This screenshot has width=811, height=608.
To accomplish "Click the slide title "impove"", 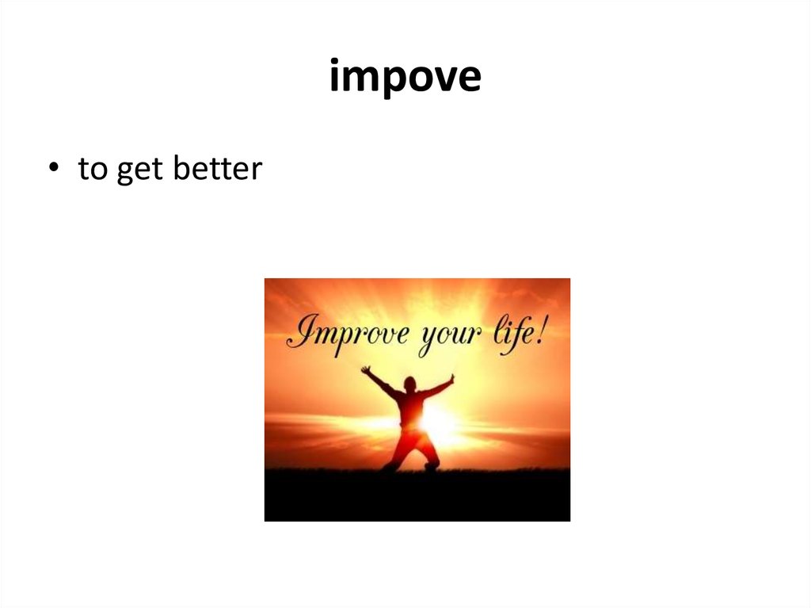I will coord(405,78).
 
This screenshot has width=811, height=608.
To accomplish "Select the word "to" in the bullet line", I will coord(92,170).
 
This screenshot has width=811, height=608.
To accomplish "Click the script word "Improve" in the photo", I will coord(348,333).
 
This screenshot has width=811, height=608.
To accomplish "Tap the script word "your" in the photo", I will coord(450,336).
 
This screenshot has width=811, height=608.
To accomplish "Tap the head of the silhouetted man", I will coord(409,385).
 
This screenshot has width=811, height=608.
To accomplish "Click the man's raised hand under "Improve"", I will coord(365,369).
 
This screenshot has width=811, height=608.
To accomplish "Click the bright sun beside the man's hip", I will coord(440,423).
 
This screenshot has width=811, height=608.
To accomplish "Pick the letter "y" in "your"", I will coord(428,339).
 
